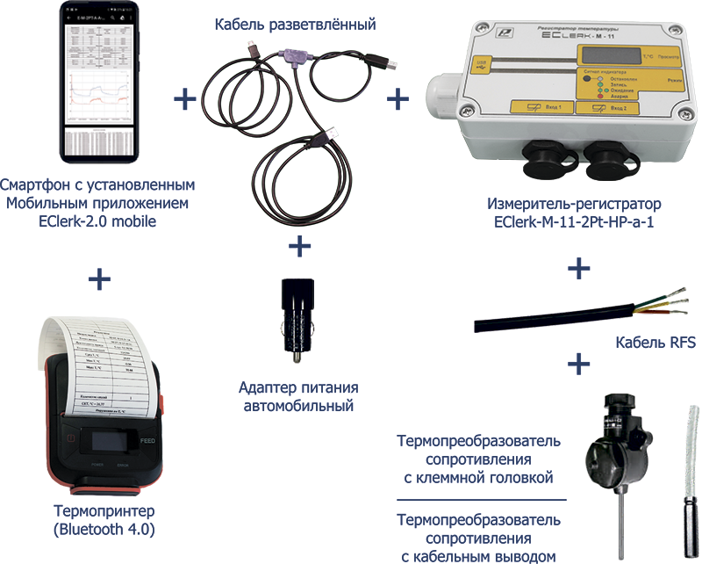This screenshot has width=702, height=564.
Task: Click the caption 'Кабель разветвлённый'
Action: click(295, 25)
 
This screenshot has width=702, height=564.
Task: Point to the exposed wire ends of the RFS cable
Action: click(676, 297)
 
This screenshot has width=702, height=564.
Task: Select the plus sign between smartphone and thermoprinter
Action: click(99, 279)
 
